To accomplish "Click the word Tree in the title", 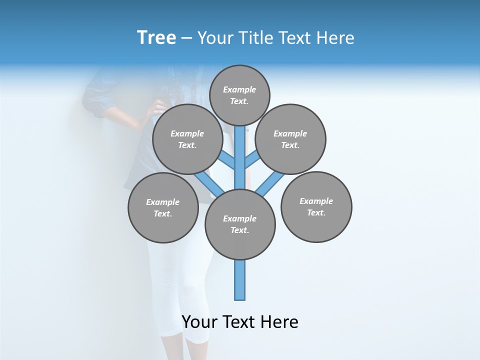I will pyautogui.click(x=156, y=38).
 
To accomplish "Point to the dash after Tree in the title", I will pyautogui.click(x=186, y=38).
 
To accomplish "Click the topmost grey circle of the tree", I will pyautogui.click(x=239, y=95).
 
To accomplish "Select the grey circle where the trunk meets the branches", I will pyautogui.click(x=240, y=224).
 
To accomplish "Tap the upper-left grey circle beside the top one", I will pyautogui.click(x=187, y=139).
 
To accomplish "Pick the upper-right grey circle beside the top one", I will pyautogui.click(x=290, y=139).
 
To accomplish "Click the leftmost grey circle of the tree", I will pyautogui.click(x=163, y=207).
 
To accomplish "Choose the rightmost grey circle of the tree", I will pyautogui.click(x=316, y=206).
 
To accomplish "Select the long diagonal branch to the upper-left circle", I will pyautogui.click(x=209, y=183).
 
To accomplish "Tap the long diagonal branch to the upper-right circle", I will pyautogui.click(x=270, y=183).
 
